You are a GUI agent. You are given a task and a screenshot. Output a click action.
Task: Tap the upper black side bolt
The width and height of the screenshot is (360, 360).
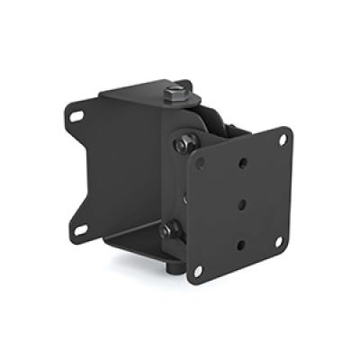tap(184, 142)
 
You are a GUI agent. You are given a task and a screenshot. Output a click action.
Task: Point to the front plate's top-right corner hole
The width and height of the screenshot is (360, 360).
tap(283, 140)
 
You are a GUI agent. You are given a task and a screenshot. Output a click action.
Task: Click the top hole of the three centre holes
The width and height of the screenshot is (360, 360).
tap(240, 164)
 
